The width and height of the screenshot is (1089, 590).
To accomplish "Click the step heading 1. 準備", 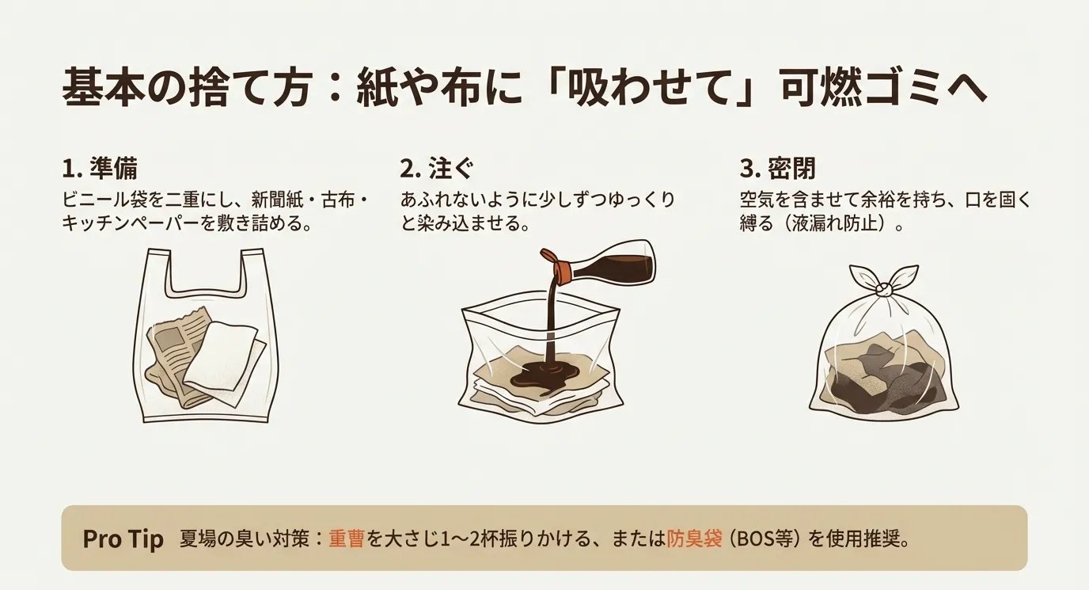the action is [100, 169].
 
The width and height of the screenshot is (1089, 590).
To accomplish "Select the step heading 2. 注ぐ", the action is [437, 169].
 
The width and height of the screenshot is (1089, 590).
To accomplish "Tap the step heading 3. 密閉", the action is [777, 169].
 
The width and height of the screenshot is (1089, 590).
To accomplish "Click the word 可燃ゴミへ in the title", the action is [883, 89].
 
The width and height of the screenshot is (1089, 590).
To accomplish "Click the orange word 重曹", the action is [347, 539].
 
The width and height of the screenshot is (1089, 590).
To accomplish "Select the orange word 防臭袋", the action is [694, 539].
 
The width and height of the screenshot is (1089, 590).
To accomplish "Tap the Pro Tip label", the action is [123, 539].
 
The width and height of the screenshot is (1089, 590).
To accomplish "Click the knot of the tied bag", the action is [883, 290].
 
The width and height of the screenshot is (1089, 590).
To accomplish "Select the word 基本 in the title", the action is [99, 89].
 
